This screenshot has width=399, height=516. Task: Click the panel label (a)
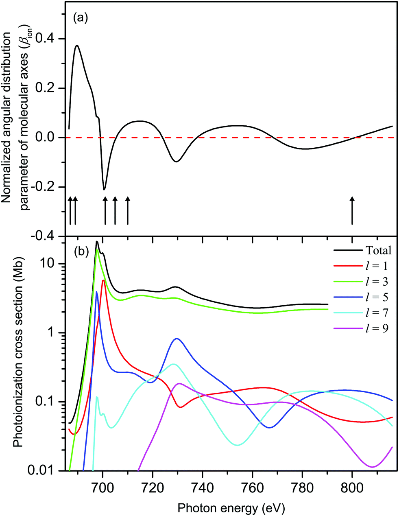click(x=80, y=17)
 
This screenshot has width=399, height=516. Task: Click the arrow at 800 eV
click(x=352, y=210)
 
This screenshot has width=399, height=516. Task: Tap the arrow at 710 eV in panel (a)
click(x=128, y=210)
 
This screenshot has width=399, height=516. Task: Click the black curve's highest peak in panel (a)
click(x=76, y=46)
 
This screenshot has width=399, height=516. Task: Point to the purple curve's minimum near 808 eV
click(x=372, y=466)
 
